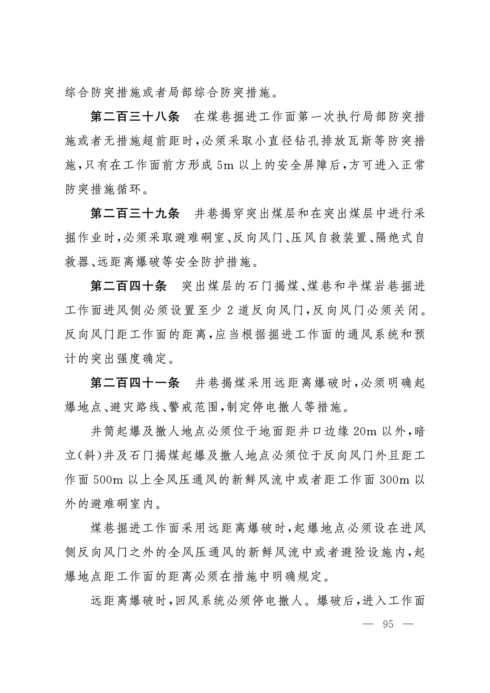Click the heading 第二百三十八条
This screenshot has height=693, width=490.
pos(135,117)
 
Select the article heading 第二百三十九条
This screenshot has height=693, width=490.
pos(135,214)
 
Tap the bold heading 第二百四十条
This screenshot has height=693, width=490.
pos(128,286)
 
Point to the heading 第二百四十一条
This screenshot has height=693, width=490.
pos(135,383)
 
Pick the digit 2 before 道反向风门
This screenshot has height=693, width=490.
pos(230,311)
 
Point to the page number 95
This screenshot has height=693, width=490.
pos(388,624)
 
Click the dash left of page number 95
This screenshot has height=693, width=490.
pos(368,624)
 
